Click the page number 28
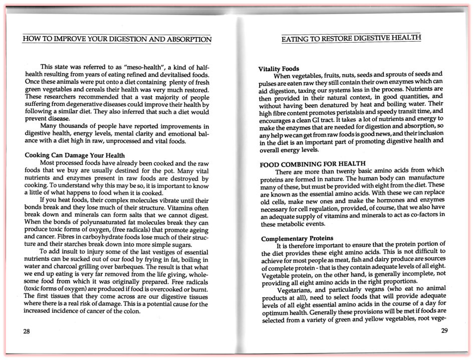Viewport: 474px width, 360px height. [x=26, y=331]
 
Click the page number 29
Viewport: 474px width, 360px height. [x=444, y=330]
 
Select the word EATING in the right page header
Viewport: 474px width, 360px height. [x=296, y=38]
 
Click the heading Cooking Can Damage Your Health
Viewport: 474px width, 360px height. [x=75, y=155]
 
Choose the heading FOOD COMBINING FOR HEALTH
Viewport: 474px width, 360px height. [x=313, y=164]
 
